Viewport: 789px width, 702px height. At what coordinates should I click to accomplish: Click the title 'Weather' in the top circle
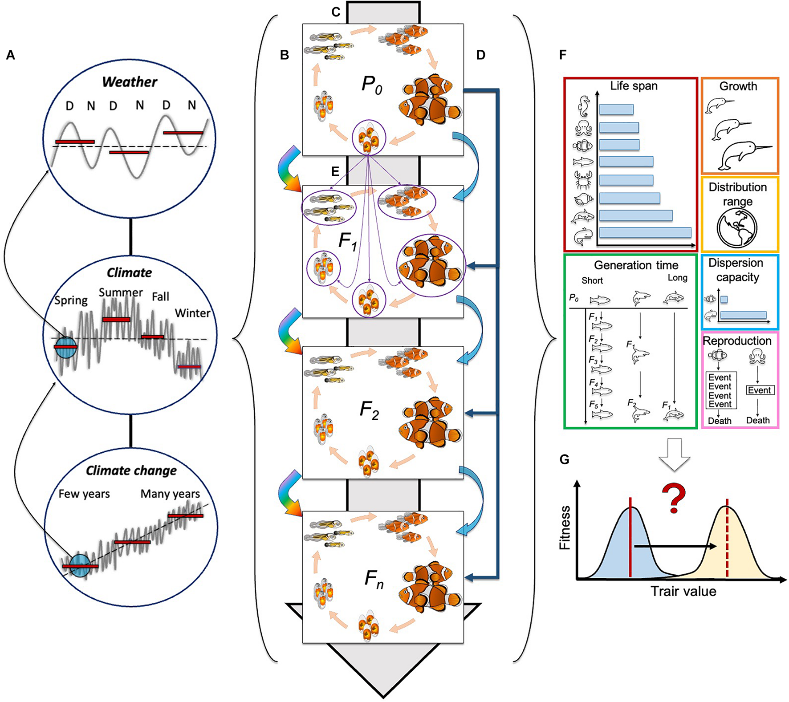[130, 82]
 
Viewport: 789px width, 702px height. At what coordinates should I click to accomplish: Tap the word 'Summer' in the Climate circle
[121, 292]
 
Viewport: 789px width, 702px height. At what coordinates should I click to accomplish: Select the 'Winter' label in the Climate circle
[192, 313]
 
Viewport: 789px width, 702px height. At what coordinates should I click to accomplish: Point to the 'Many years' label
[170, 494]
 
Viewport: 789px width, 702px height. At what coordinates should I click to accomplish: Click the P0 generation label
[372, 85]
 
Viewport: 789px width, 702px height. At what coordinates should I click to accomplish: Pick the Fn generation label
[374, 580]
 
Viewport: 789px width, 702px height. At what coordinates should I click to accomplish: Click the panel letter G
[564, 459]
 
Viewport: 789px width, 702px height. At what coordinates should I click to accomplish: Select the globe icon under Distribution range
[737, 228]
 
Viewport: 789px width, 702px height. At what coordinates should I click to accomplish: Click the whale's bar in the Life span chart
[645, 232]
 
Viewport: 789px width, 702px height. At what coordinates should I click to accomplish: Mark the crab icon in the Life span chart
[584, 180]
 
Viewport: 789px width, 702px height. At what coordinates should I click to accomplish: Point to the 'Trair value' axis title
[683, 591]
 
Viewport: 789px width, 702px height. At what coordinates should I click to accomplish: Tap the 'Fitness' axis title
[565, 528]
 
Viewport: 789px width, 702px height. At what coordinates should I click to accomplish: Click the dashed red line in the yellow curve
[727, 548]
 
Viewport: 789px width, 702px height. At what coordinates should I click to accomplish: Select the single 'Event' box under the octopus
[760, 390]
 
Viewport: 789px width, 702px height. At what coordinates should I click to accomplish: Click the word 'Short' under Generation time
[592, 280]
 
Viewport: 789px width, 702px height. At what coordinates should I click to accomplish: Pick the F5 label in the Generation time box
[594, 405]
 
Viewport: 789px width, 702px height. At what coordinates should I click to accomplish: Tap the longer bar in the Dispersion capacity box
[743, 315]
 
